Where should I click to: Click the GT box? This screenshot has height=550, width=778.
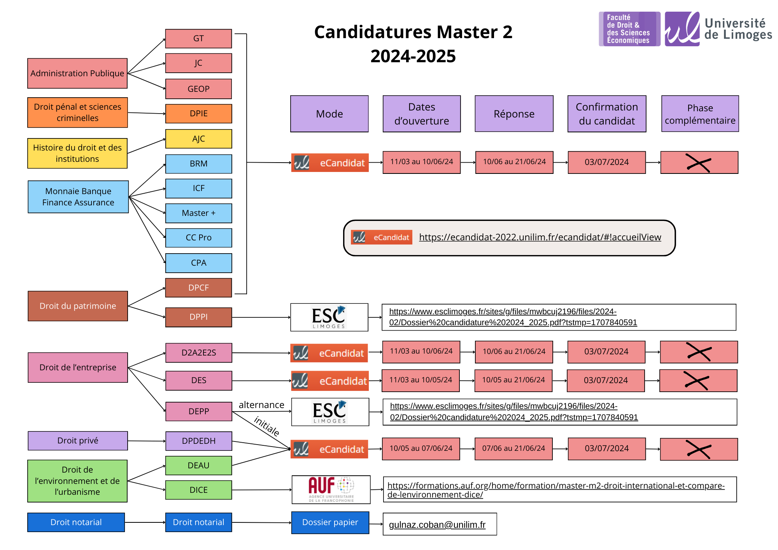198,39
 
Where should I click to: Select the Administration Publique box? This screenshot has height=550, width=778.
77,74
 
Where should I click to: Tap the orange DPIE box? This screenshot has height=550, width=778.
198,114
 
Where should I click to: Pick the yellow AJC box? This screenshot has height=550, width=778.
198,139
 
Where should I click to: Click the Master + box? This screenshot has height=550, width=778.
198,213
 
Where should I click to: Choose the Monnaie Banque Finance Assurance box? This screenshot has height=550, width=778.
78,197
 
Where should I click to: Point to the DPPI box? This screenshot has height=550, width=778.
198,317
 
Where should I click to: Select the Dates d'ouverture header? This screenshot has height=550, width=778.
422,114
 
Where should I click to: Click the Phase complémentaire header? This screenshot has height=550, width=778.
700,114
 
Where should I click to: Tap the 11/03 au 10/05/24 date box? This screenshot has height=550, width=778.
421,380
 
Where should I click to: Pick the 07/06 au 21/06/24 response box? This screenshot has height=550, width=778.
513,448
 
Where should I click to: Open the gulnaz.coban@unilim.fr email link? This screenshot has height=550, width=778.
437,525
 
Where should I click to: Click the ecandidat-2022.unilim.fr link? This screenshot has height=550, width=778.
540,237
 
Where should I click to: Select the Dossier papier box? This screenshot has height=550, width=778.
330,522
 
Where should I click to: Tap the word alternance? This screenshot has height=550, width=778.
261,405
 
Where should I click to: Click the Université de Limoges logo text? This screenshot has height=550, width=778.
738,29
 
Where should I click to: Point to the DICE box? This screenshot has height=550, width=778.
198,490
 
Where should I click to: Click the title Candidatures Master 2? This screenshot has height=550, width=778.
413,32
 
